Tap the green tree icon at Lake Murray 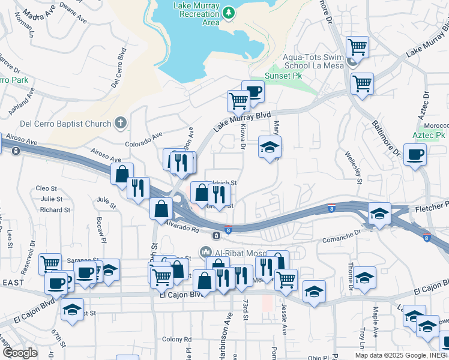coord(229,12)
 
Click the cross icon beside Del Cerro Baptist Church coord(120,124)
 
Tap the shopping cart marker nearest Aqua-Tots coord(358,46)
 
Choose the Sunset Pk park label coord(283,77)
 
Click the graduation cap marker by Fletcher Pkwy coord(379,214)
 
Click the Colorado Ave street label coord(143,140)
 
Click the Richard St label coord(56,210)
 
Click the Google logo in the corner coord(19,353)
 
